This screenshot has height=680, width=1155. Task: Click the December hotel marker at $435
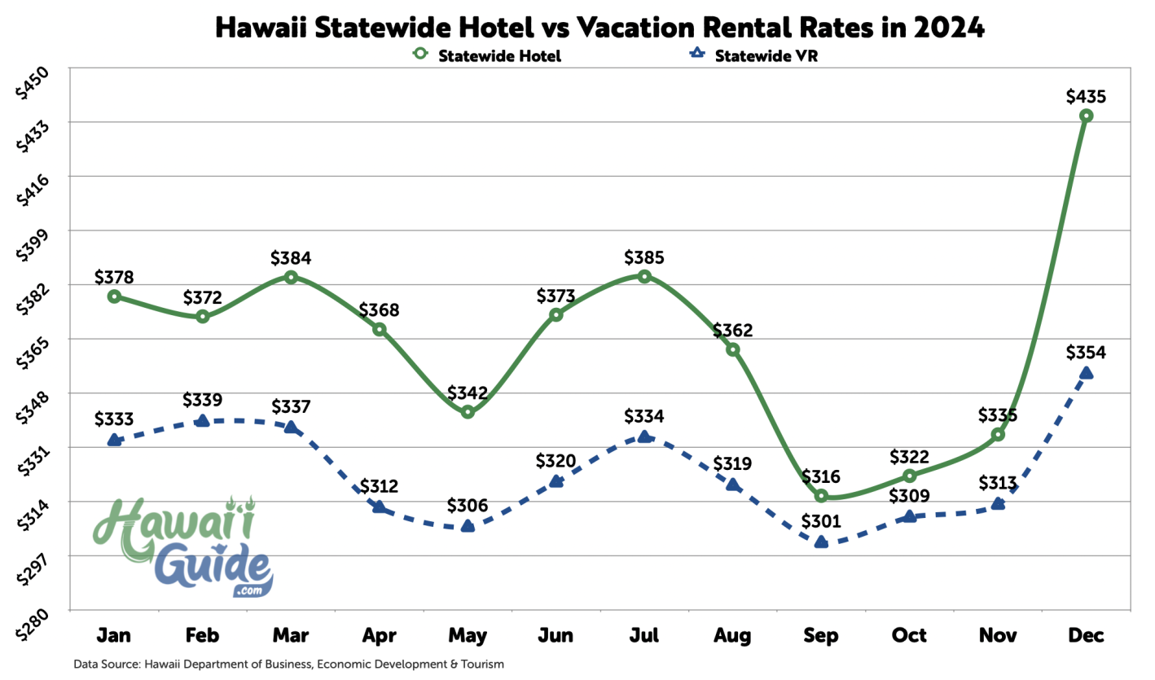click(1086, 116)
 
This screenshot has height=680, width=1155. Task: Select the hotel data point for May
click(468, 412)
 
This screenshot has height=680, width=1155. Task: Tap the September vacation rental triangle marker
click(821, 542)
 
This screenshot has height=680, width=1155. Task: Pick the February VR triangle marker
click(203, 420)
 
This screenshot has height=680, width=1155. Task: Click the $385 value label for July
click(644, 258)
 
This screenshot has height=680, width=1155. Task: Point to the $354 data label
click(1086, 353)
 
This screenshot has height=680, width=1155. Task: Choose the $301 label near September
click(821, 522)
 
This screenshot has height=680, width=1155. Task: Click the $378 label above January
click(114, 277)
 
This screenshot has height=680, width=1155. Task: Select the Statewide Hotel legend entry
click(488, 56)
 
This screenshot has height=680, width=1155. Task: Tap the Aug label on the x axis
click(732, 634)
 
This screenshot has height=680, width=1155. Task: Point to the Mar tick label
click(291, 634)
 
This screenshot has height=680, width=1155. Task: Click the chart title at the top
click(599, 28)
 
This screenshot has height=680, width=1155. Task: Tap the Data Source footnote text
click(288, 664)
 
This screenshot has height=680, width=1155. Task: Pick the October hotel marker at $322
click(910, 476)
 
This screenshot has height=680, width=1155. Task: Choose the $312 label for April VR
click(379, 487)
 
